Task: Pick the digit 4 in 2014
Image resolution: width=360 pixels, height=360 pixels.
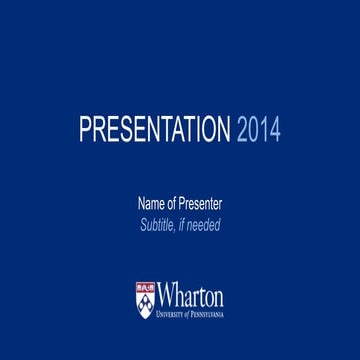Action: click(275, 131)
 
